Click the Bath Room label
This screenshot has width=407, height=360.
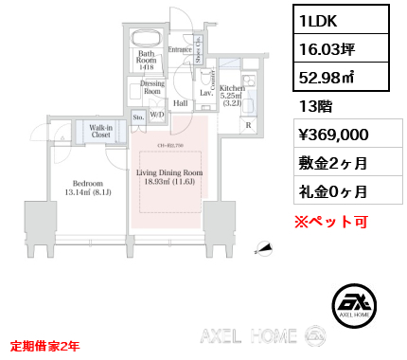(145, 61)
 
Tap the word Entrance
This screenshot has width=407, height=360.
(180, 49)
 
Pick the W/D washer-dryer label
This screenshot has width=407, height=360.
(157, 116)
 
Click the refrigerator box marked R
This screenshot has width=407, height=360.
(248, 124)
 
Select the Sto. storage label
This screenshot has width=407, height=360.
(138, 117)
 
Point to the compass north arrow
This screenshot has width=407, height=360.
(267, 249)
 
